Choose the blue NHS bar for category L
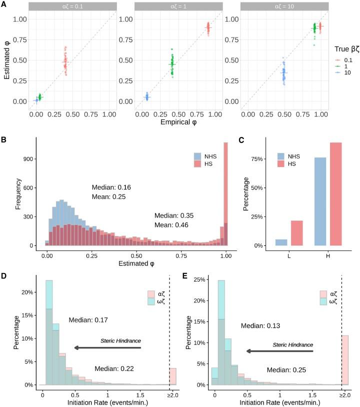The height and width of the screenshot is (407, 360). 281,242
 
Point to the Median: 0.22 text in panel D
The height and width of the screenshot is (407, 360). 114,368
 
